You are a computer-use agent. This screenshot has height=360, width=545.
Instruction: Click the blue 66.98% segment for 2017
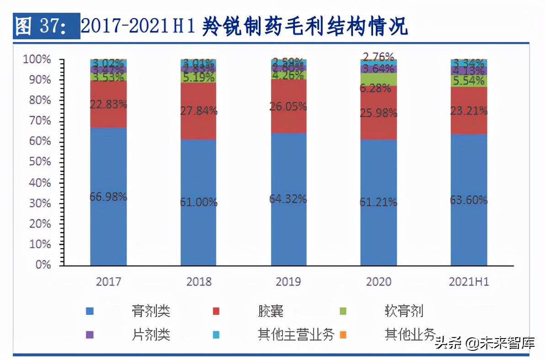(108, 196)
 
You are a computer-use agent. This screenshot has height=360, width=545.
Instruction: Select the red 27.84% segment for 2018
(198, 111)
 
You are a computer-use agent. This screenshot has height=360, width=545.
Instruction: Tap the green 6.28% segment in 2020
(379, 80)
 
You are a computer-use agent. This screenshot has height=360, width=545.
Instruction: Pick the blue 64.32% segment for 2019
(289, 199)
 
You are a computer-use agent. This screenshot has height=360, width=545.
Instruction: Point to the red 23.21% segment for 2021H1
(469, 110)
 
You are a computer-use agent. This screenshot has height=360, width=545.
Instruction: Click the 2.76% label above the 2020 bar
(378, 57)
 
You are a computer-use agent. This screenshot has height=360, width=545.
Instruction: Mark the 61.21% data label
(378, 202)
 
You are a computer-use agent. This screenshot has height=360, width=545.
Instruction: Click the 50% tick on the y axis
(38, 162)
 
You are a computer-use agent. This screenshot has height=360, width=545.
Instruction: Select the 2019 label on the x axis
(289, 281)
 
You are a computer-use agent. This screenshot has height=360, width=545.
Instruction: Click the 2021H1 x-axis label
(469, 281)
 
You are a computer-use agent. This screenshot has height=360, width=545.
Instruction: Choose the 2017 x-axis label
(108, 281)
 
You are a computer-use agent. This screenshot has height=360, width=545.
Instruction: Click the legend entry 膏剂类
(151, 311)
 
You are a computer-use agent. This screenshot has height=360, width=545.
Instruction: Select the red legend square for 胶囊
(215, 312)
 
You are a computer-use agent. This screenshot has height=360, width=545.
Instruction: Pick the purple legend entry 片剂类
(151, 334)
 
